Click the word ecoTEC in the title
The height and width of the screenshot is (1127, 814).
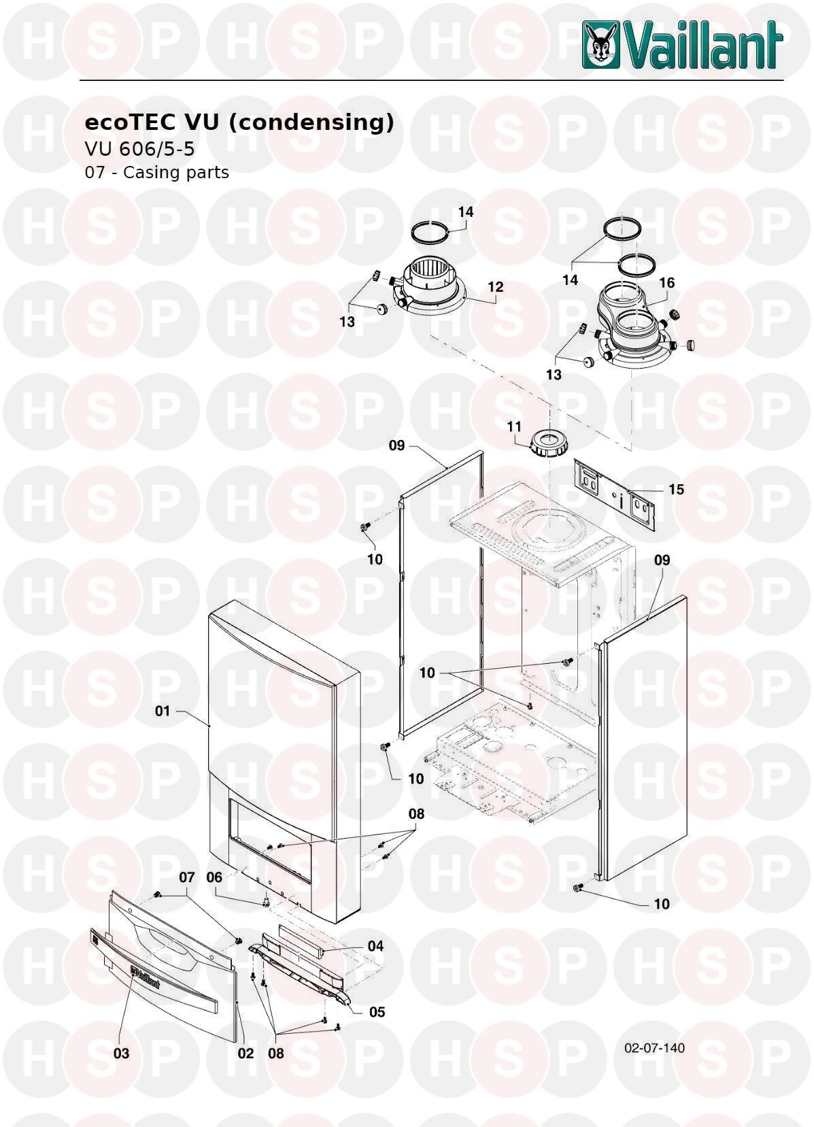[x=131, y=122]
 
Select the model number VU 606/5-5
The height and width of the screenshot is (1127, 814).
[x=139, y=149]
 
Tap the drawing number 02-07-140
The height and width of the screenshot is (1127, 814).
[x=654, y=1047]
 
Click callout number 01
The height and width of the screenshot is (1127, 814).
[x=163, y=711]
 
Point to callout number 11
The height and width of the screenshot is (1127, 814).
[x=513, y=427]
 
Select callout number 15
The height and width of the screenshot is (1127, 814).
[x=676, y=489]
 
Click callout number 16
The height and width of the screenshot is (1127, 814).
[x=667, y=283]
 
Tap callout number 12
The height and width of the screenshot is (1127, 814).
[x=496, y=287]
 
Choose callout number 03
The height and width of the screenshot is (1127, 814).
[x=121, y=1053]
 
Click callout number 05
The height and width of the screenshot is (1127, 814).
[x=377, y=1012]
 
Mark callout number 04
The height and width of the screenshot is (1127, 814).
[x=375, y=946]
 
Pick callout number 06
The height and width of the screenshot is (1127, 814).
[x=214, y=877]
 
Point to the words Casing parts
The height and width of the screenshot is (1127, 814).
[x=176, y=173]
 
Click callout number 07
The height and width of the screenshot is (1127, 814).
[x=186, y=877]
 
